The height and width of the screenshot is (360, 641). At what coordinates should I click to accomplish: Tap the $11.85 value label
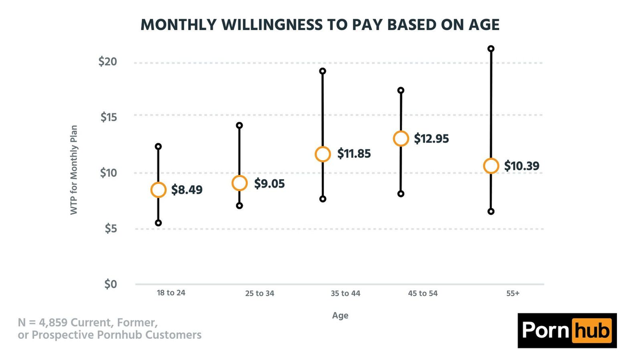click(x=354, y=153)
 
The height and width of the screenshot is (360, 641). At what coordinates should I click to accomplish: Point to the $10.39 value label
click(x=522, y=166)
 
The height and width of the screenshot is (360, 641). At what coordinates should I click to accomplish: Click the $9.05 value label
click(x=269, y=184)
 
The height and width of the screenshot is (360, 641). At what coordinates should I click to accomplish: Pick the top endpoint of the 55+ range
click(x=491, y=49)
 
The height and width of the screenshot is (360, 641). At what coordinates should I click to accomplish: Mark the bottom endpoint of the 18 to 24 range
click(x=158, y=223)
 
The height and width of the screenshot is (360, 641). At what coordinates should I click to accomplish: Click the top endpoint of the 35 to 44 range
click(x=323, y=71)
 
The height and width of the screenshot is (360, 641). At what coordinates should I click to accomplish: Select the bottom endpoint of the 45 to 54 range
click(x=401, y=194)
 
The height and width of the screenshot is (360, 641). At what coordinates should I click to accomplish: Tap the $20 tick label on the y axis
click(x=108, y=62)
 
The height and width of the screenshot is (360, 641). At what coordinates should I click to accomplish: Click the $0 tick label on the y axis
click(x=111, y=284)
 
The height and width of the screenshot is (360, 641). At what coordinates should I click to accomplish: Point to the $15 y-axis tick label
click(x=109, y=117)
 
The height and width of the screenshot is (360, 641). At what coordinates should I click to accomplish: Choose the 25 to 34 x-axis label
click(x=260, y=294)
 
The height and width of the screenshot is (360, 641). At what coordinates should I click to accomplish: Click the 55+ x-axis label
click(x=513, y=294)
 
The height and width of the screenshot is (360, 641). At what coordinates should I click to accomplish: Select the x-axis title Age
click(x=340, y=315)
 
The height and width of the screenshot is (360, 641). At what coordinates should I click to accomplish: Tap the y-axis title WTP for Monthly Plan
click(x=74, y=170)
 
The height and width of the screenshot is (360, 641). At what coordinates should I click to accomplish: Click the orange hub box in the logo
click(x=591, y=330)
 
